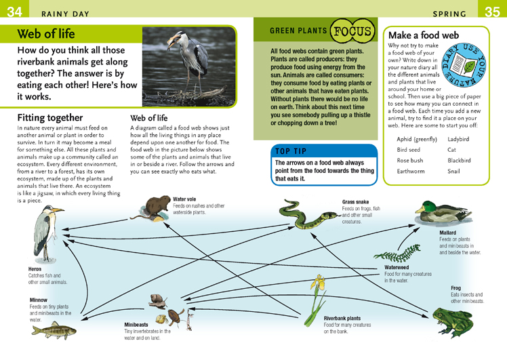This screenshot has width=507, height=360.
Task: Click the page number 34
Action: pyautogui.click(x=14, y=12)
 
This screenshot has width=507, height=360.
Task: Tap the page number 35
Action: pyautogui.click(x=492, y=12)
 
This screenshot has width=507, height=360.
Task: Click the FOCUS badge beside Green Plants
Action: pyautogui.click(x=352, y=31)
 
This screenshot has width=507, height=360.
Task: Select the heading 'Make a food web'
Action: pyautogui.click(x=424, y=35)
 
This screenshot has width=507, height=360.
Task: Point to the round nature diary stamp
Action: pyautogui.click(x=464, y=66)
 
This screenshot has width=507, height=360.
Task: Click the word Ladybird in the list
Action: pyautogui.click(x=458, y=139)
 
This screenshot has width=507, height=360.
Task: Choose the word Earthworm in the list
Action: pyautogui.click(x=411, y=171)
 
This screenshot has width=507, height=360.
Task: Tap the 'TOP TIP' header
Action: pyautogui.click(x=291, y=151)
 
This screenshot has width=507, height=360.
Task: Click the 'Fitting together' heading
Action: pyautogui.click(x=50, y=117)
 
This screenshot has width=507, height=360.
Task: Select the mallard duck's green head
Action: pyautogui.click(x=427, y=206)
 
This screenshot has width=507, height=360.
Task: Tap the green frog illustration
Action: pyautogui.click(x=453, y=322)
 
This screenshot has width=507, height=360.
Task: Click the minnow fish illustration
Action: pyautogui.click(x=54, y=331)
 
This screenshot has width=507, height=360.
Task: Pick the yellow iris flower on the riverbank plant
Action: pyautogui.click(x=318, y=282)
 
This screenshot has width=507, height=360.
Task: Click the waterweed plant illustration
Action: pyautogui.click(x=398, y=254)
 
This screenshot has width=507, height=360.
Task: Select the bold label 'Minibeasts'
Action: pyautogui.click(x=136, y=325)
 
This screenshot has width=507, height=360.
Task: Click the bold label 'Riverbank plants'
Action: pyautogui.click(x=342, y=318)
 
